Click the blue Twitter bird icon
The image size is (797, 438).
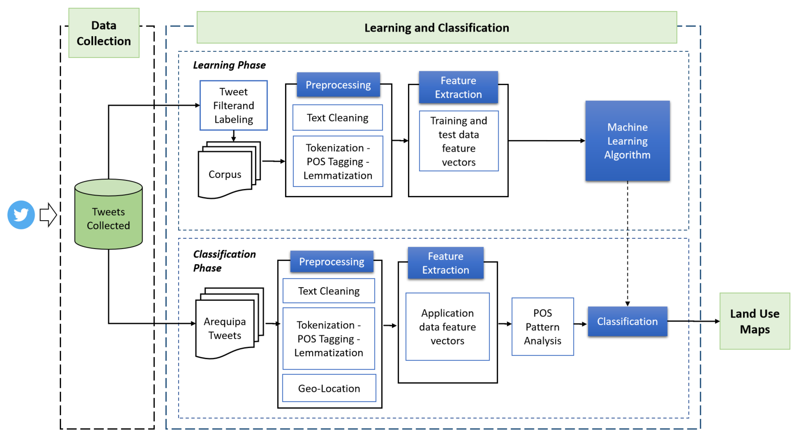tap(21, 215)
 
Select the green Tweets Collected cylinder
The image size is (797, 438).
tap(108, 218)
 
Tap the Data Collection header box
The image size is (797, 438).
tap(104, 33)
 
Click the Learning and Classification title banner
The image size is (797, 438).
tap(437, 28)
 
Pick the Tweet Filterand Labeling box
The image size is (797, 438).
tap(234, 106)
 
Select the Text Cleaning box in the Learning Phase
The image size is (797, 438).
tap(337, 117)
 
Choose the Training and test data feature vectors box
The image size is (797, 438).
tap(458, 141)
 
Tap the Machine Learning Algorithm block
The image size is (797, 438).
tap(627, 141)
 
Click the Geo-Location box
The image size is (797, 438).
tap(329, 388)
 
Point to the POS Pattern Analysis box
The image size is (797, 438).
tap(542, 327)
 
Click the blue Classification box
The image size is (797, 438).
tap(627, 321)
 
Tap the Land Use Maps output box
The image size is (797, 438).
tap(754, 321)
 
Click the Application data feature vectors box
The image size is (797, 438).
tap(447, 327)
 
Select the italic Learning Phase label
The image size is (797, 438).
tap(229, 65)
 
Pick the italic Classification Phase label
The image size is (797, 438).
tap(224, 261)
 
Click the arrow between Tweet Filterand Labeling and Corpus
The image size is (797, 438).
tap(234, 136)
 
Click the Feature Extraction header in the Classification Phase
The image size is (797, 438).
tap(446, 263)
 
